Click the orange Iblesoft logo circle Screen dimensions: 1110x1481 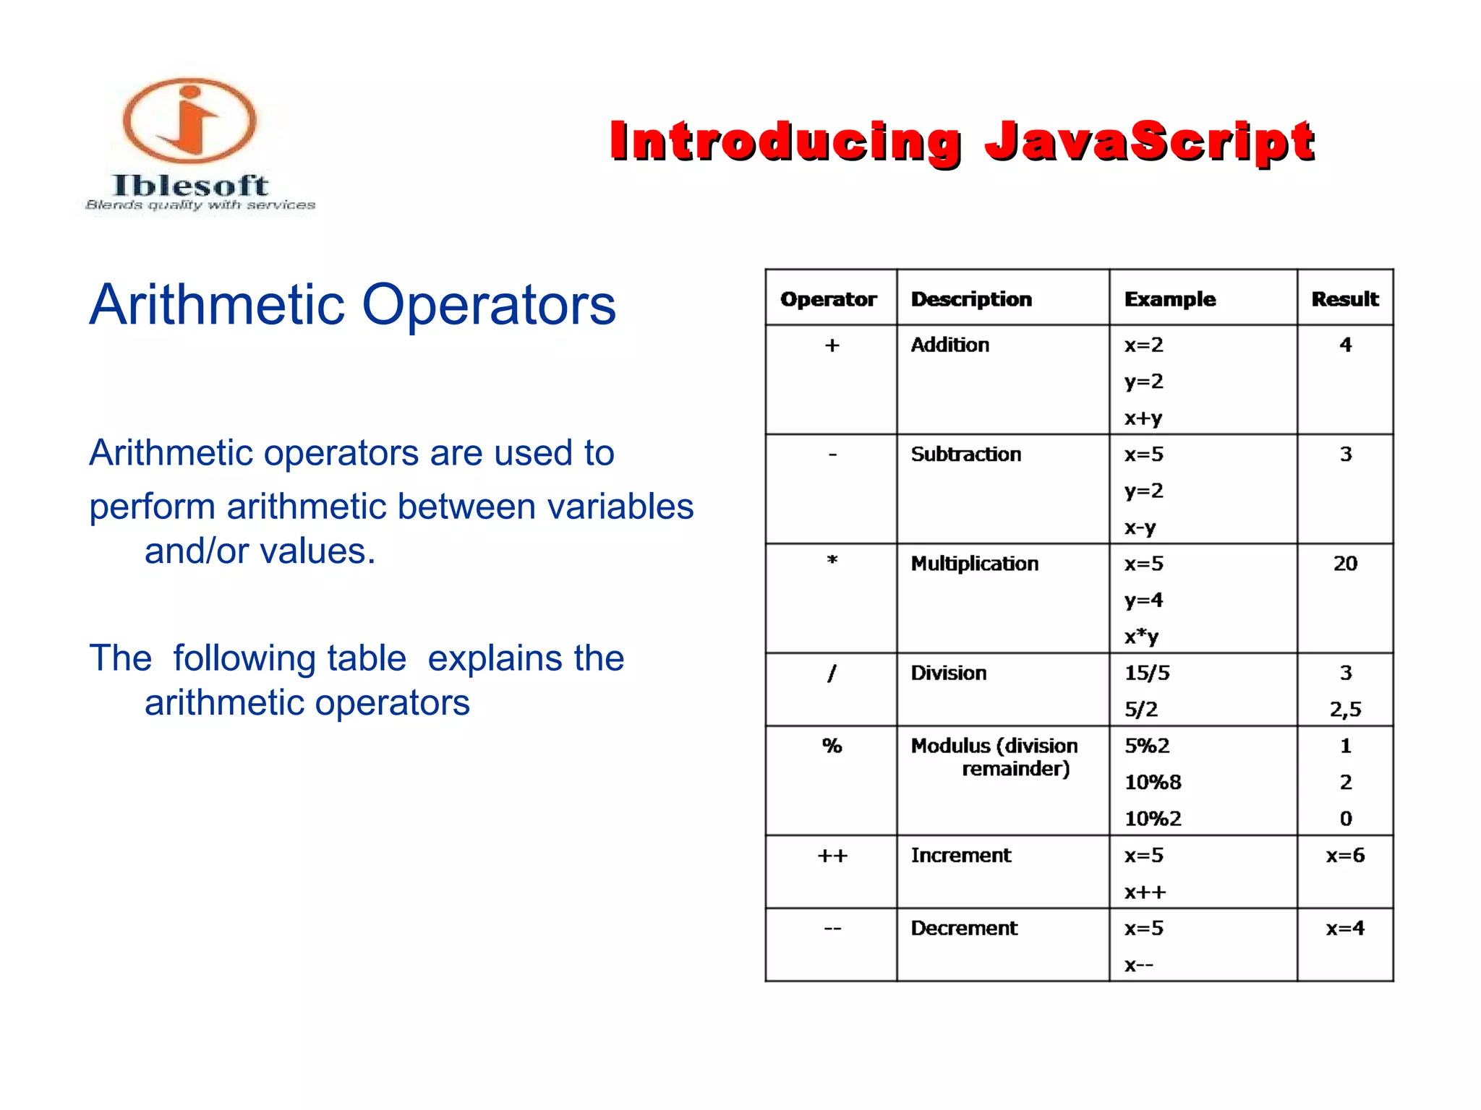189,121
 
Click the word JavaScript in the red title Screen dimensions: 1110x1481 1149,142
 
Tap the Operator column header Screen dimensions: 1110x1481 828,299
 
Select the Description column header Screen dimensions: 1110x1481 970,299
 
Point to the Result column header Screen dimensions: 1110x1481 1344,299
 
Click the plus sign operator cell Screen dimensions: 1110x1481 832,345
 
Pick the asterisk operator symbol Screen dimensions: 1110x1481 832,561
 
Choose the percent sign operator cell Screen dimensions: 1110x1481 832,746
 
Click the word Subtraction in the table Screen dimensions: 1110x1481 965,455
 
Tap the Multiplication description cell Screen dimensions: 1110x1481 974,564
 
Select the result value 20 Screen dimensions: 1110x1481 1345,564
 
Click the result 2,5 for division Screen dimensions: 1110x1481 1345,710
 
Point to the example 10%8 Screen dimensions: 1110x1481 1152,783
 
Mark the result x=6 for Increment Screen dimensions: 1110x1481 1345,856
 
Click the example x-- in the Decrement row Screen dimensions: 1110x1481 1138,965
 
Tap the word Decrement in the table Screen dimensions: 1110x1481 963,929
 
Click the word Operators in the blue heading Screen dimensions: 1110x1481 488,305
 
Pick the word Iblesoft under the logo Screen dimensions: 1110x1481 190,186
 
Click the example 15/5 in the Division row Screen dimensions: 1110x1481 1146,674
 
